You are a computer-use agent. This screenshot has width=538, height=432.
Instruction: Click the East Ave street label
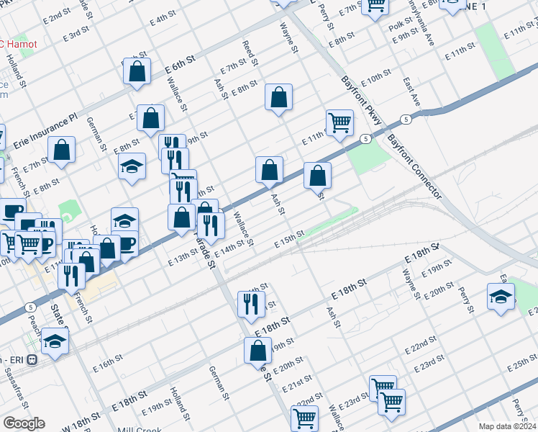(x=411, y=91)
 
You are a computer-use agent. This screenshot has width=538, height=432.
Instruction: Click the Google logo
(x=24, y=423)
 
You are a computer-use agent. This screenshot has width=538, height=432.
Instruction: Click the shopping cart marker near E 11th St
(x=339, y=122)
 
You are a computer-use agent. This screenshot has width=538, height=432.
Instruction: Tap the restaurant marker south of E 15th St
(x=251, y=304)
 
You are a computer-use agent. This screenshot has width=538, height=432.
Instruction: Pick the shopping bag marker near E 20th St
(x=257, y=351)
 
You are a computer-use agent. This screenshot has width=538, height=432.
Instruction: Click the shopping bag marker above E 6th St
(x=136, y=72)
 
